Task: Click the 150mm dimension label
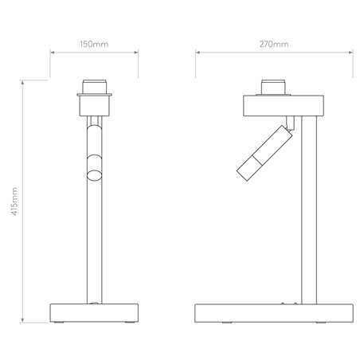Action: click(x=94, y=44)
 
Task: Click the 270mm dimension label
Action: click(x=274, y=44)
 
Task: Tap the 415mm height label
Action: click(x=15, y=202)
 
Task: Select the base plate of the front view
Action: click(x=94, y=313)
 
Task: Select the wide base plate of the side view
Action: click(x=274, y=313)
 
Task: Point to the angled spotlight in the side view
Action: click(x=264, y=153)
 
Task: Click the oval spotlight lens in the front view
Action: click(x=94, y=175)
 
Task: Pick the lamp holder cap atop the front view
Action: click(x=94, y=87)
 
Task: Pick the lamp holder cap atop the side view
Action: click(x=273, y=87)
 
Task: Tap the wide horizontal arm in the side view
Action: click(x=284, y=106)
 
